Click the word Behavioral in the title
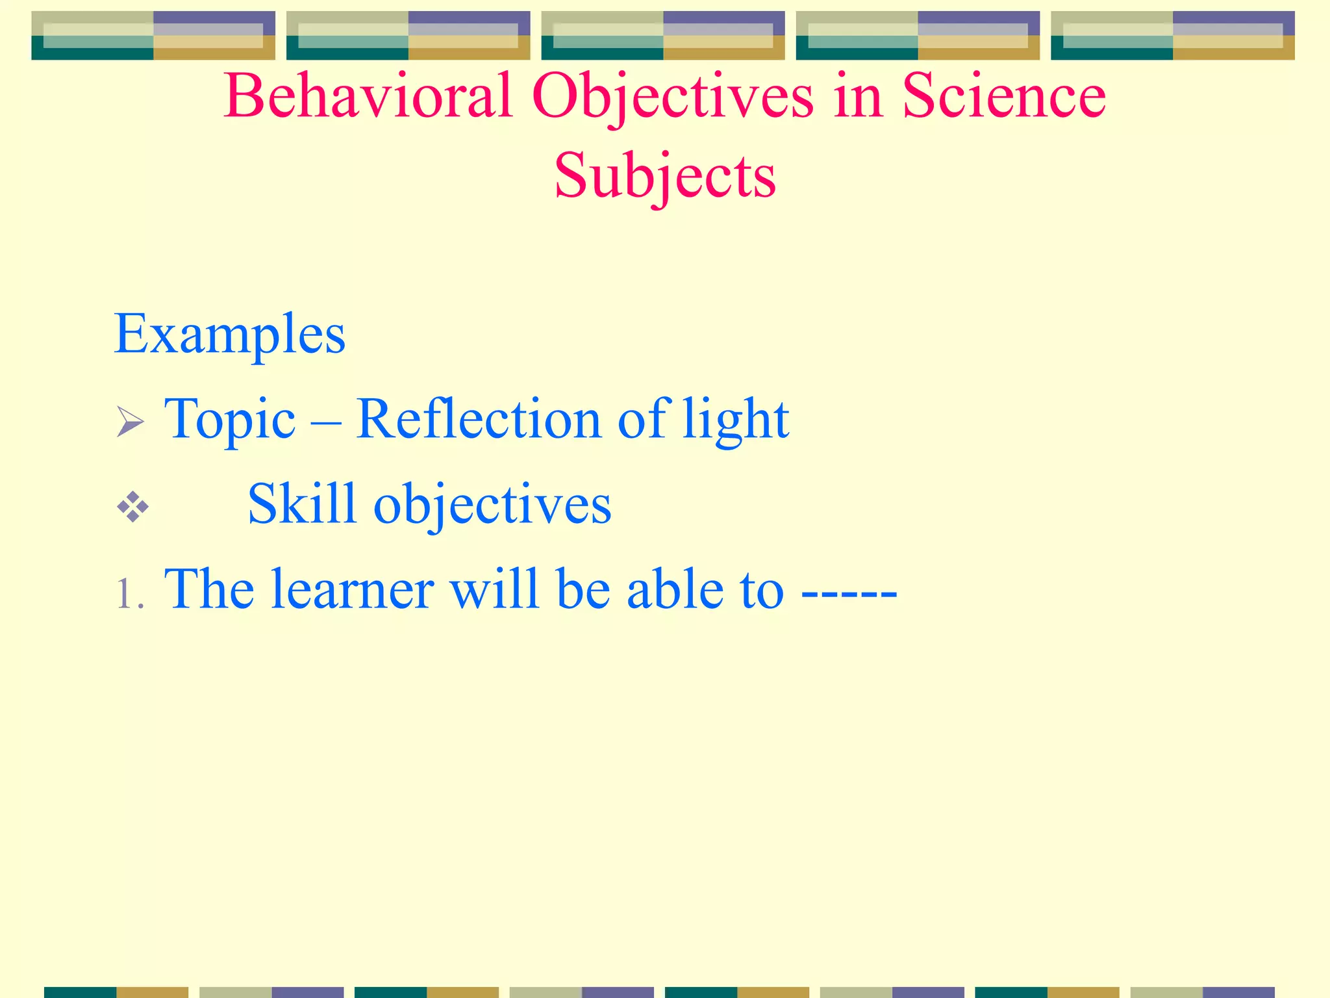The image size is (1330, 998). coord(368,96)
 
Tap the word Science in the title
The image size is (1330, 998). coord(1004,96)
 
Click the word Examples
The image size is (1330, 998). coord(229,335)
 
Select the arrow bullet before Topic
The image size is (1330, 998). coord(131,422)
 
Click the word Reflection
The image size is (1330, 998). coord(479,419)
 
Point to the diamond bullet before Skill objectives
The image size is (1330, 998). coord(133,507)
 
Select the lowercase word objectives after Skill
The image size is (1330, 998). coord(492,505)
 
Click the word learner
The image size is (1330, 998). coord(353,589)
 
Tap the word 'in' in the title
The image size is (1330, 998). coord(857,96)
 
